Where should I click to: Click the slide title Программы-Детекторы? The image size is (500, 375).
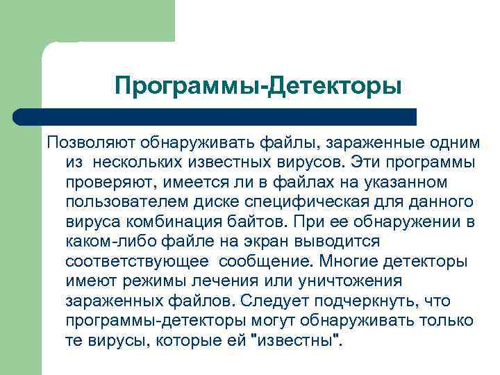(x=258, y=87)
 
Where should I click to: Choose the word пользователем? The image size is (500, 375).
(x=125, y=202)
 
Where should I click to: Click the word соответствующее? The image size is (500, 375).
(x=136, y=262)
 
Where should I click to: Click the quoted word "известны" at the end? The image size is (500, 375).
(x=295, y=342)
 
